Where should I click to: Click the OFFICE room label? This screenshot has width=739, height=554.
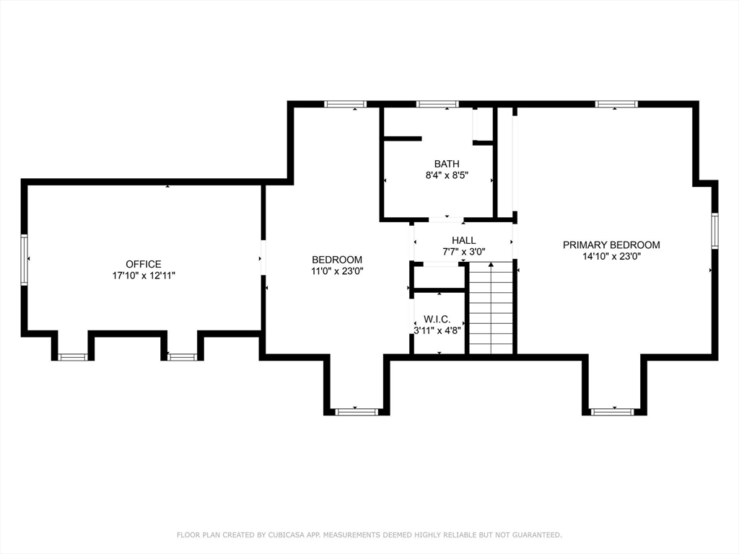(x=144, y=264)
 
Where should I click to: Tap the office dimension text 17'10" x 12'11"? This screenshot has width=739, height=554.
(x=144, y=276)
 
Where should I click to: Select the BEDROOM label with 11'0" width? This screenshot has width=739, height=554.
(x=337, y=260)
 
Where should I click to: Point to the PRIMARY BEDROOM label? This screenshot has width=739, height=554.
(x=611, y=245)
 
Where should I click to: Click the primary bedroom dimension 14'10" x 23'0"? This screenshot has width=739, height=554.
(x=611, y=256)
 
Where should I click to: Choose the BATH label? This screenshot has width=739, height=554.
(x=446, y=164)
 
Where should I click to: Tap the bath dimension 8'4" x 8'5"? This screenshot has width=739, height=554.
(x=446, y=175)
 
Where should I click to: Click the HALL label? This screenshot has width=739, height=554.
(x=464, y=240)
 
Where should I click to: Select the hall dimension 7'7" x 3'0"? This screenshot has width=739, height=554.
(x=464, y=252)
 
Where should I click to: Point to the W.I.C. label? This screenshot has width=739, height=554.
(x=437, y=320)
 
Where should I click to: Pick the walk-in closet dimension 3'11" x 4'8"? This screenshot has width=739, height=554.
(x=437, y=330)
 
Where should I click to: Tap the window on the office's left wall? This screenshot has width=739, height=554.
(x=24, y=260)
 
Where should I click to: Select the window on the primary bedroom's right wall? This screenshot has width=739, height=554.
(x=714, y=231)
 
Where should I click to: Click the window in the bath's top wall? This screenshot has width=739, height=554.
(x=437, y=104)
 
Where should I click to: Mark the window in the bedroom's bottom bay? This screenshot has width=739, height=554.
(x=357, y=412)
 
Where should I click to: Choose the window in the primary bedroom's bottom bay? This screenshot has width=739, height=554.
(x=612, y=412)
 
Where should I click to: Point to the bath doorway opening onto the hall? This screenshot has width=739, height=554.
(x=446, y=219)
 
